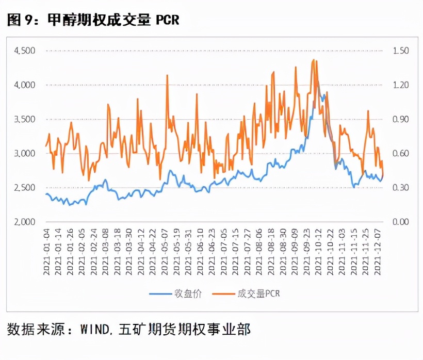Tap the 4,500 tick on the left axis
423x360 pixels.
pyautogui.click(x=25, y=51)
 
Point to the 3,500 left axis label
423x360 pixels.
pyautogui.click(x=25, y=119)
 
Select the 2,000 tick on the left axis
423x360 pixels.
pyautogui.click(x=25, y=222)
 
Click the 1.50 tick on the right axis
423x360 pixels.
pyautogui.click(x=400, y=51)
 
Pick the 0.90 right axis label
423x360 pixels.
pyautogui.click(x=400, y=119)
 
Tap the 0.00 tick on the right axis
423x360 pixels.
pyautogui.click(x=400, y=222)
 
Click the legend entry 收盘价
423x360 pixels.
pyautogui.click(x=176, y=293)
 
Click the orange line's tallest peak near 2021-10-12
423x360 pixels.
pyautogui.click(x=314, y=60)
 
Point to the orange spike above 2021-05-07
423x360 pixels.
pyautogui.click(x=167, y=75)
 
